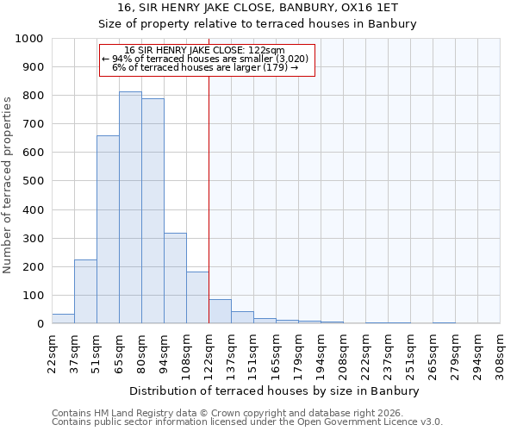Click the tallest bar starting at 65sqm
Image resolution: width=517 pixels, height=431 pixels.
click(130, 208)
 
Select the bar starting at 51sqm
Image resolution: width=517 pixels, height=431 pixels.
click(108, 229)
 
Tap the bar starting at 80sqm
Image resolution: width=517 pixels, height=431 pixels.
click(153, 211)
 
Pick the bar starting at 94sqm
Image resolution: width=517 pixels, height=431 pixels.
click(175, 278)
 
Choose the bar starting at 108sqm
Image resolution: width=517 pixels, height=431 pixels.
click(197, 297)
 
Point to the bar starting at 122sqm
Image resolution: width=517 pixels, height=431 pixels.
click(220, 311)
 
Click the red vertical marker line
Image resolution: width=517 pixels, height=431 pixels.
click(209, 198)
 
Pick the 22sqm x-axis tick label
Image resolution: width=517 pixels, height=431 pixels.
click(52, 351)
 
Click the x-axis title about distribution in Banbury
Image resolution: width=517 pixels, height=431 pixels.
click(276, 390)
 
